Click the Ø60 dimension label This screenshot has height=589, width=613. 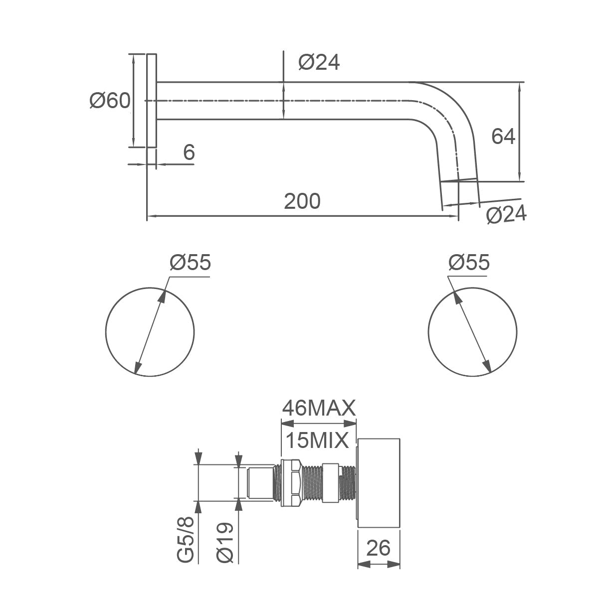tap(110, 101)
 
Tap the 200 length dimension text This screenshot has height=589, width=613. tap(302, 201)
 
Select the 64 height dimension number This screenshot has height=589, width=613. tap(503, 137)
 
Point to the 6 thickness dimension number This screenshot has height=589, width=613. tap(189, 152)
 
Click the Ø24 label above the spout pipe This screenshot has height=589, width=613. tap(319, 62)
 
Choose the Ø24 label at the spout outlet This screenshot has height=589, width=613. tap(506, 214)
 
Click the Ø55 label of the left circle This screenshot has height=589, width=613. tap(190, 262)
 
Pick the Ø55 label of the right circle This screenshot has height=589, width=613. tap(469, 262)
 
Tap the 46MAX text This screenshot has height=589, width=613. tap(319, 409)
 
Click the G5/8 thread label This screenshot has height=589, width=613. tap(186, 540)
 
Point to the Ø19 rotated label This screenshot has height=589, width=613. tap(225, 543)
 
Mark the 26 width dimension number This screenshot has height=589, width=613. tap(378, 548)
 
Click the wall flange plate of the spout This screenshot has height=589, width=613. tap(152, 100)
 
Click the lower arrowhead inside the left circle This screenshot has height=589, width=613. tap(138, 367)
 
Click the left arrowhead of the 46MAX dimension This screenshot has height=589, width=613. tap(287, 424)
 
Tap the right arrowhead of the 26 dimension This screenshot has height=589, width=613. tap(394, 565)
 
